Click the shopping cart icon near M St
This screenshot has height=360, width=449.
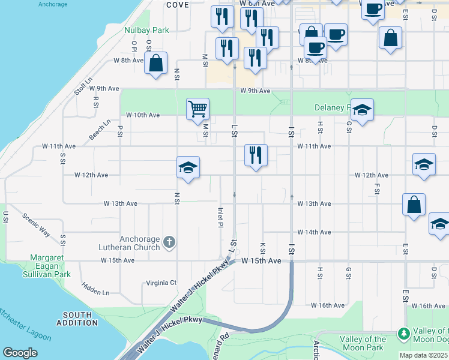pyautogui.click(x=197, y=109)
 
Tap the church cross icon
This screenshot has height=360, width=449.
pyautogui.click(x=169, y=242)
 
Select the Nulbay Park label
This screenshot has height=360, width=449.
pyautogui.click(x=146, y=29)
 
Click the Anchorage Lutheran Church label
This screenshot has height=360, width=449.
pyautogui.click(x=131, y=242)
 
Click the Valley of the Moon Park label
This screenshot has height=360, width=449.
pyautogui.click(x=363, y=343)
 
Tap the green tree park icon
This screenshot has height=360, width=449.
pyautogui.click(x=404, y=333)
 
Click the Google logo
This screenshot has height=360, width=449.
pyautogui.click(x=20, y=352)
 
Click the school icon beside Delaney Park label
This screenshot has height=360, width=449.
pyautogui.click(x=362, y=110)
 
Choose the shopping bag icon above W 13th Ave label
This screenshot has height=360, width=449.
pyautogui.click(x=414, y=205)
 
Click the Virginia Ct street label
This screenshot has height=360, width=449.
pyautogui.click(x=161, y=283)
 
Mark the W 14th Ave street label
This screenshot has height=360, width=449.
pyautogui.click(x=314, y=232)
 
